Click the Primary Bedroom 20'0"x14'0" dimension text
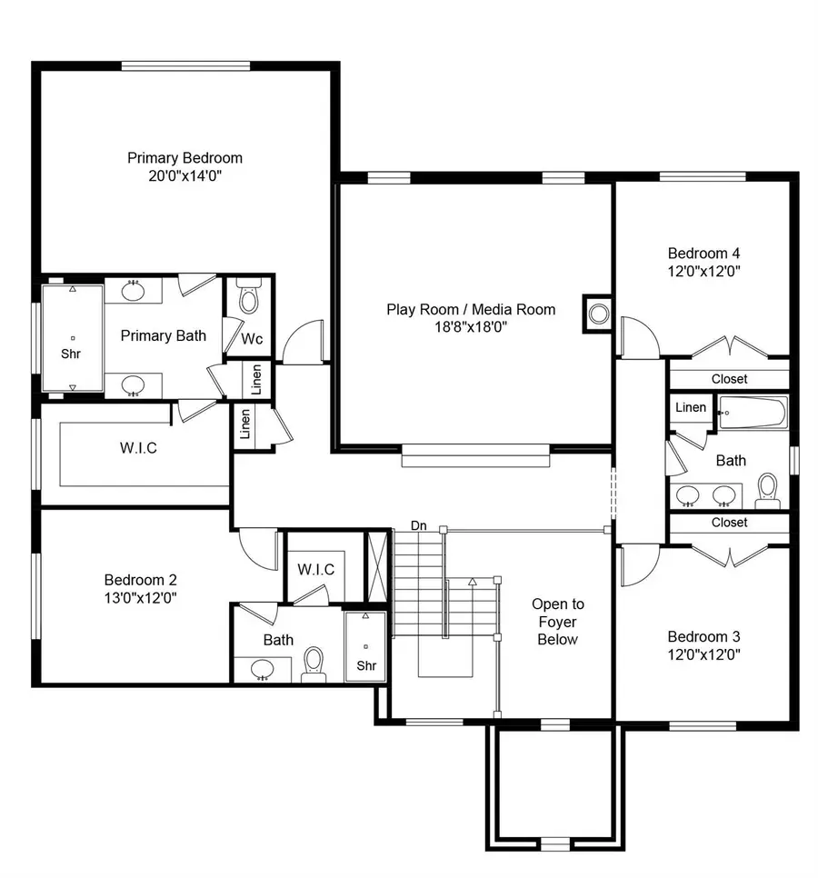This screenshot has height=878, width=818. coord(185,176)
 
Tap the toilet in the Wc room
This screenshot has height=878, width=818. coord(248,298)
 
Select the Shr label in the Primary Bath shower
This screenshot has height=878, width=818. coord(70,353)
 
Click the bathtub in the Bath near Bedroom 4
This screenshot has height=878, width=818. coord(753,415)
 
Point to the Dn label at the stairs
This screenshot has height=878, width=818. coord(418,525)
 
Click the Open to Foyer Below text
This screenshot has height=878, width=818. coord(558,622)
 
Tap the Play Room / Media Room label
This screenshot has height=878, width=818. coord(471,310)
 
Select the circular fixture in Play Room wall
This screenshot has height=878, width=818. coord(599,314)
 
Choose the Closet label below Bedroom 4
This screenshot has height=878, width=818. coord(729,378)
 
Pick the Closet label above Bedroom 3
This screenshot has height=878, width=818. coord(729,523)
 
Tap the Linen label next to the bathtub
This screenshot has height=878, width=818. coord(691,407)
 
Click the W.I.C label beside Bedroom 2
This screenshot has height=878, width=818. coord(316,570)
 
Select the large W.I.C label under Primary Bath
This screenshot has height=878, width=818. coord(138,448)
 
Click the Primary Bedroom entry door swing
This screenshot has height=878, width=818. coord(304,343)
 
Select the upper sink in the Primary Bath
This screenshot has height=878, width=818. coord(134,291)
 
